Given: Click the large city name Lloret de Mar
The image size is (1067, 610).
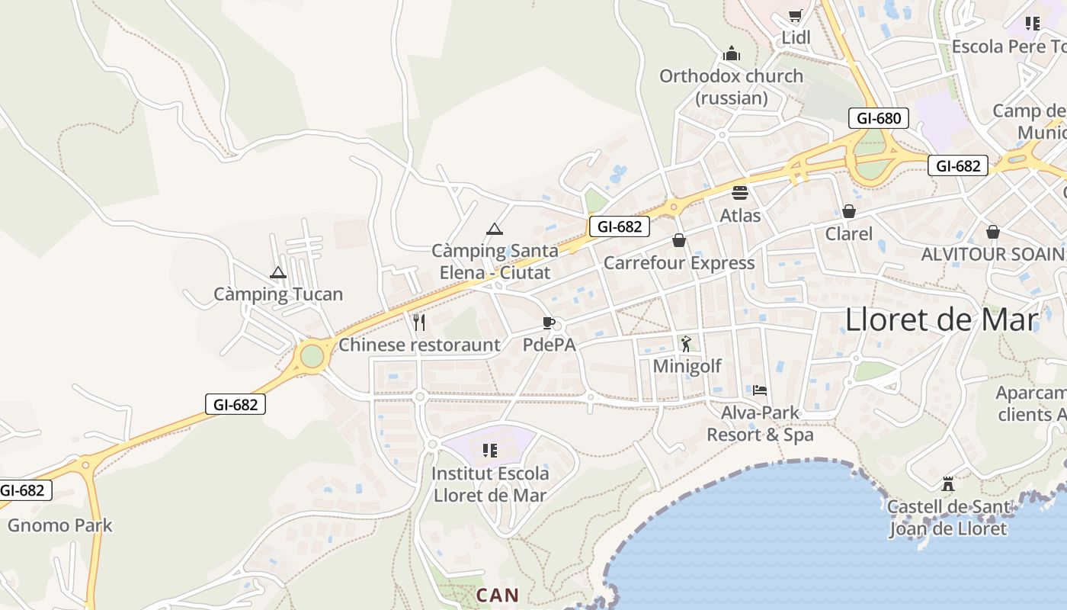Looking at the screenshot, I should [x=941, y=319].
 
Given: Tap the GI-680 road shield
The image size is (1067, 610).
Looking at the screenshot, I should [x=878, y=118].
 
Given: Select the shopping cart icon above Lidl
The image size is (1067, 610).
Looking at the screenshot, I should [x=796, y=16].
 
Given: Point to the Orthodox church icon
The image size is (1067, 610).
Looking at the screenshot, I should [x=732, y=53].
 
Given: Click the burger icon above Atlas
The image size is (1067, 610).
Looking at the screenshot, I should [x=740, y=193].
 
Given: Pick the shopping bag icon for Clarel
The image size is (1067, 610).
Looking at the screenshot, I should [x=848, y=211].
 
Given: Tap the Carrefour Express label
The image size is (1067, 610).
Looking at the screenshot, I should [x=679, y=263].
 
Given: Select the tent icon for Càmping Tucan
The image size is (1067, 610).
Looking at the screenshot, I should [x=278, y=272].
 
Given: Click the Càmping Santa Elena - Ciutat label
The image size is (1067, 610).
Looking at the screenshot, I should [x=495, y=261].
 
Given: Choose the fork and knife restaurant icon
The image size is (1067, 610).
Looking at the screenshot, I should [x=418, y=323].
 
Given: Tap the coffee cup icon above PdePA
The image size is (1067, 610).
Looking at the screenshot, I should [x=548, y=323].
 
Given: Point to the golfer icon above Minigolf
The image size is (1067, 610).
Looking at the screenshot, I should [x=686, y=344].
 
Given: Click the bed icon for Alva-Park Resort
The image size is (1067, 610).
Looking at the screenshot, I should [x=760, y=390].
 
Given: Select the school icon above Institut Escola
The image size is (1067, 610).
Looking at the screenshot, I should [x=490, y=451].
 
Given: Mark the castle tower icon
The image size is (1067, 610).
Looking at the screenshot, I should [x=947, y=483].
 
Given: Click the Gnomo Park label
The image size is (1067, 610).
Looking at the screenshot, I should [x=59, y=525].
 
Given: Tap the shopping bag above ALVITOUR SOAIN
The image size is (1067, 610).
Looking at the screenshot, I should [x=992, y=232].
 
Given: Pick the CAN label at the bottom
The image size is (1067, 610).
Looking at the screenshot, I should [x=497, y=596].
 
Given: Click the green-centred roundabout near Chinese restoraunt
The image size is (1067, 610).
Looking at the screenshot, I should [x=312, y=355].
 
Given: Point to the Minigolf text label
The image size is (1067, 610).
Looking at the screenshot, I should [x=687, y=366].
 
